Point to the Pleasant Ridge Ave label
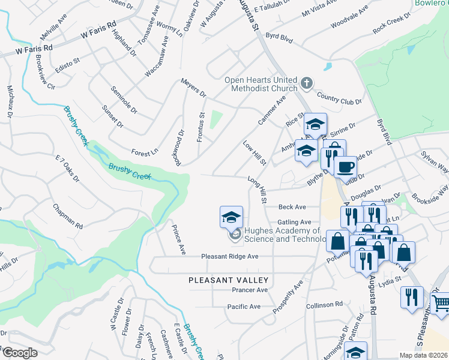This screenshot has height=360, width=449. (x=229, y=256)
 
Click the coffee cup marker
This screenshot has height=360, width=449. (x=345, y=167)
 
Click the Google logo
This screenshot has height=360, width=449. (x=20, y=353)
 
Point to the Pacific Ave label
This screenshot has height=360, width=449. (x=244, y=307)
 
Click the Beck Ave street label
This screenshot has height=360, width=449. (x=292, y=207)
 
